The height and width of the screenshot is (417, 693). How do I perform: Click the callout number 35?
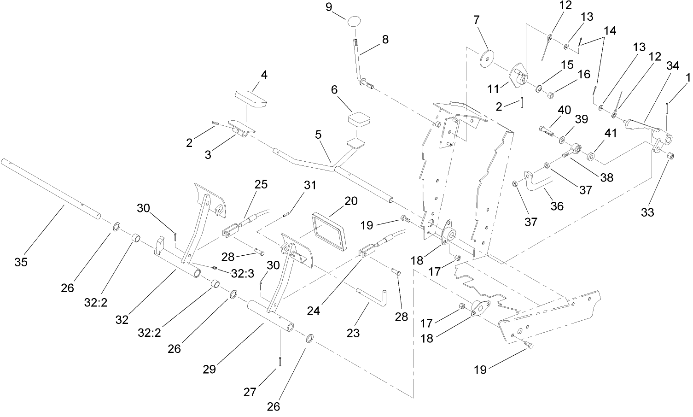coord(21,262)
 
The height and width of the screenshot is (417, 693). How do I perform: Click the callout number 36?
coord(557,206)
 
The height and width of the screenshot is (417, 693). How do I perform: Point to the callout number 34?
coord(673,66)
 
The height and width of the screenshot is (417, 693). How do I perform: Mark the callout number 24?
coord(314,311)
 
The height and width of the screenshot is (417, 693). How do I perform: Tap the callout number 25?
coord(261,184)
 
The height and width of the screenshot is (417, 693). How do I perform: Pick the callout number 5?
coord(319,135)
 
